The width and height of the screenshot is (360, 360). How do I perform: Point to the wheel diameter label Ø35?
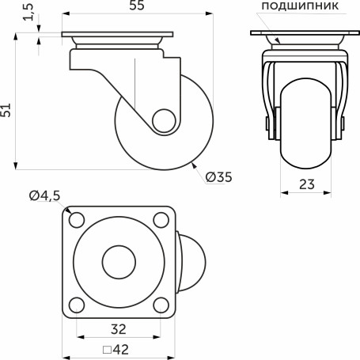click(218, 178)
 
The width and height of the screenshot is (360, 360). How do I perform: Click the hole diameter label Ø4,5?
click(44, 196)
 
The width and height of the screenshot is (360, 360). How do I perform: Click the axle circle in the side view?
click(164, 121)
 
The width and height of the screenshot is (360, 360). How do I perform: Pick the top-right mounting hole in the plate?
click(159, 219)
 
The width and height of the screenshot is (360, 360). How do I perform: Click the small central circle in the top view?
click(118, 260)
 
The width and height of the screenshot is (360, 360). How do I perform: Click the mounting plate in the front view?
click(305, 34)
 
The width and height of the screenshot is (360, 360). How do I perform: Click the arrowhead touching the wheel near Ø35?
click(195, 165)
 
